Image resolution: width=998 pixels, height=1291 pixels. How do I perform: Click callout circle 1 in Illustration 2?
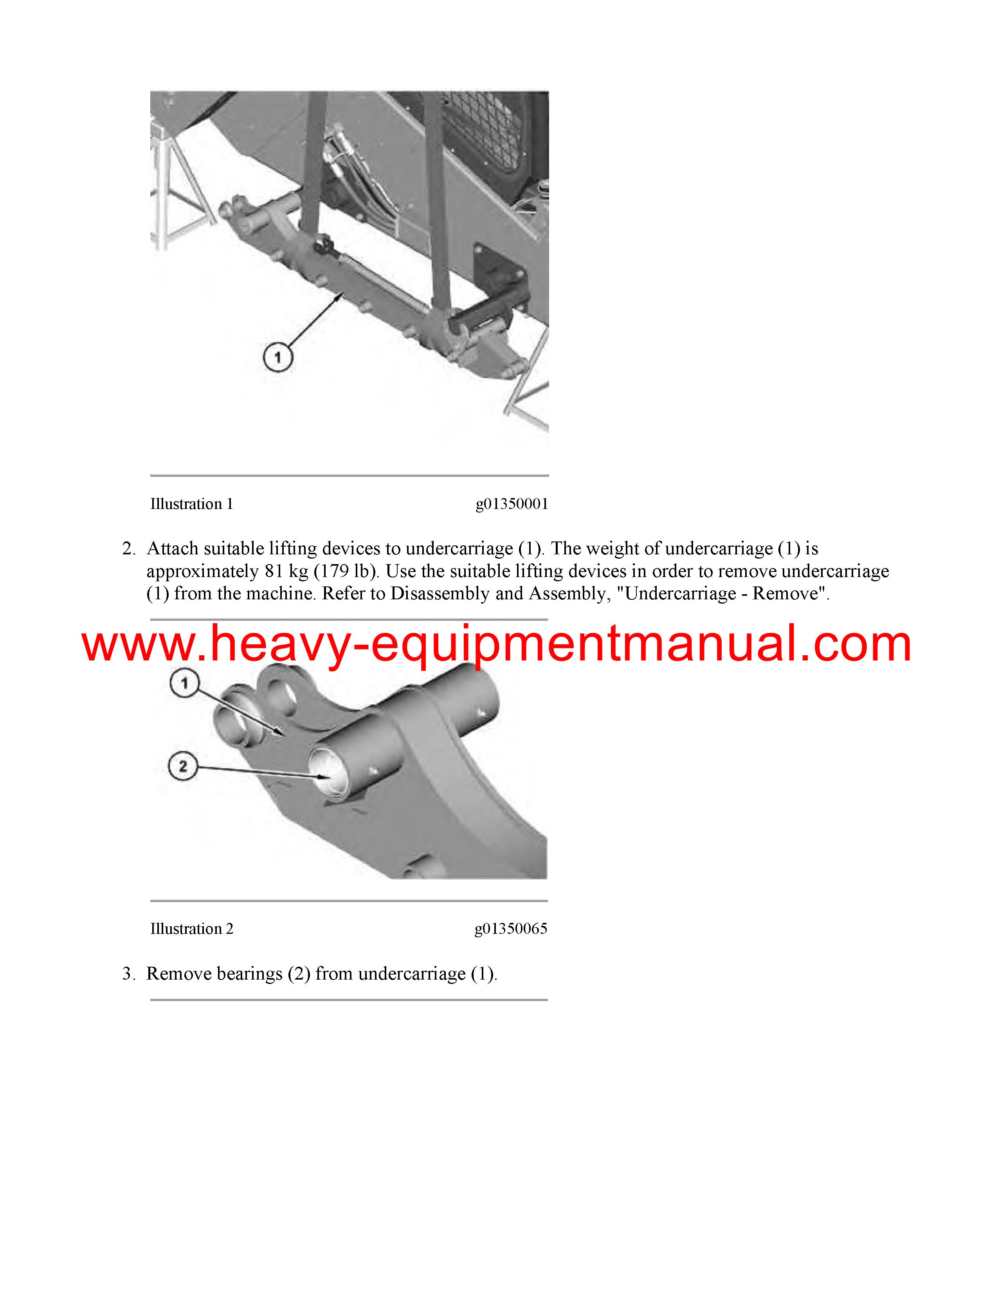pyautogui.click(x=184, y=683)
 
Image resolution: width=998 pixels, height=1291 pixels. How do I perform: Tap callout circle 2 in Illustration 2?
pyautogui.click(x=183, y=766)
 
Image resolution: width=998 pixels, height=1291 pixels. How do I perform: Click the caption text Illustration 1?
pyautogui.click(x=191, y=504)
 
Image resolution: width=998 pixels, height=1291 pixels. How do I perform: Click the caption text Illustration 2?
pyautogui.click(x=191, y=929)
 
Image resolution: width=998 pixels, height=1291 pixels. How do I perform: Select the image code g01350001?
pyautogui.click(x=512, y=504)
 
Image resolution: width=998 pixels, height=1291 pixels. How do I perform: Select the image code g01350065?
pyautogui.click(x=511, y=929)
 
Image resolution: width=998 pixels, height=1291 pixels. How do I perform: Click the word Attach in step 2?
pyautogui.click(x=173, y=549)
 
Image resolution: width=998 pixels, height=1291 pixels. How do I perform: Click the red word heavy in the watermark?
pyautogui.click(x=281, y=645)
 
